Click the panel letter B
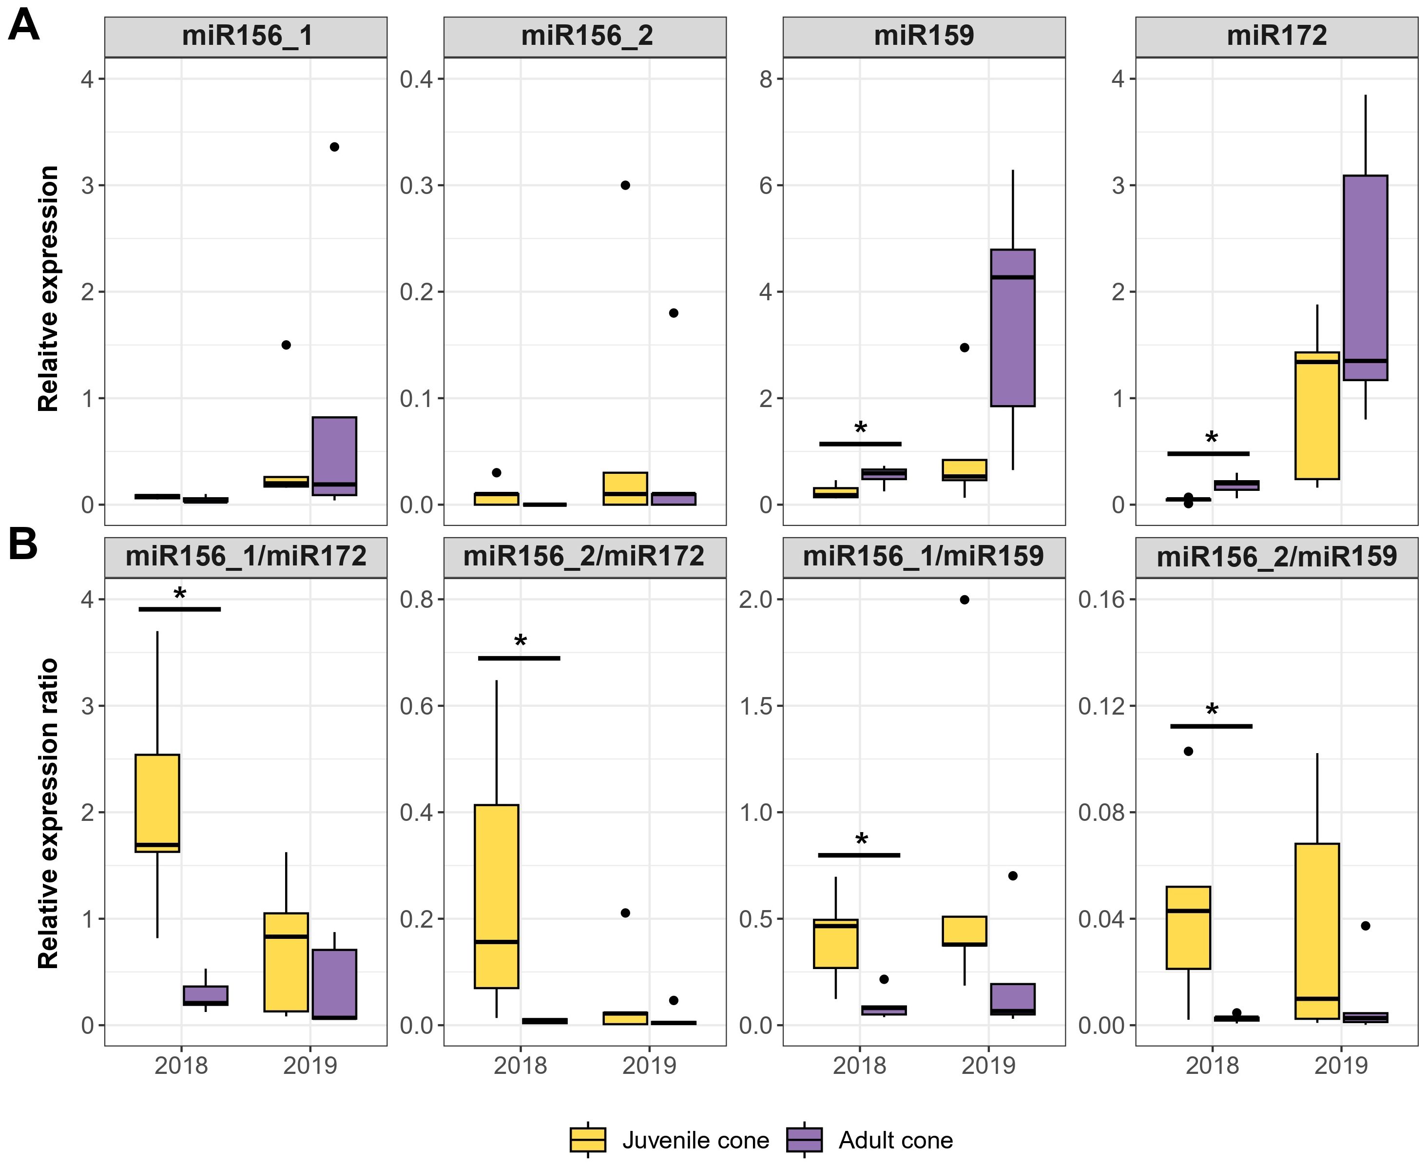click(23, 546)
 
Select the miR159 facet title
click(924, 36)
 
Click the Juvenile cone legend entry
click(695, 1140)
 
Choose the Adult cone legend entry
click(895, 1140)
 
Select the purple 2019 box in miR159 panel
click(1013, 328)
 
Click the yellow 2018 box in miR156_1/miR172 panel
click(157, 803)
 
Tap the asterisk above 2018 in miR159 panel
click(860, 428)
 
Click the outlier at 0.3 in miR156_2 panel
click(625, 185)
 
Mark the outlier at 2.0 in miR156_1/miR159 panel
click(964, 600)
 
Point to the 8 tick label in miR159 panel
click(766, 79)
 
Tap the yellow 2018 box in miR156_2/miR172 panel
click(496, 896)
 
